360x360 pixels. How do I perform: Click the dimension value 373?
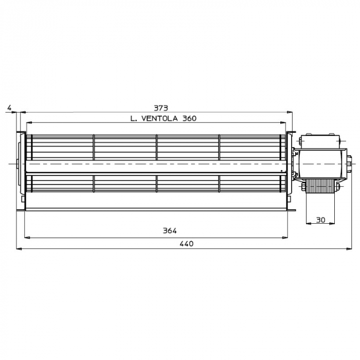point(161,108)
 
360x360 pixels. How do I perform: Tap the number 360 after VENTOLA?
point(188,118)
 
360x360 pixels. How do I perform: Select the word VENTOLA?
point(160,118)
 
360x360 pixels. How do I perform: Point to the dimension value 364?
point(170,231)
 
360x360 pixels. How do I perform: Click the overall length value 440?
point(186,244)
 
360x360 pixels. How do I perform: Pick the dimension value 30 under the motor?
point(320,220)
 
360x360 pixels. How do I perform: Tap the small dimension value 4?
point(9,108)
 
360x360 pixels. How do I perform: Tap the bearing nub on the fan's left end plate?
point(18,163)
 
